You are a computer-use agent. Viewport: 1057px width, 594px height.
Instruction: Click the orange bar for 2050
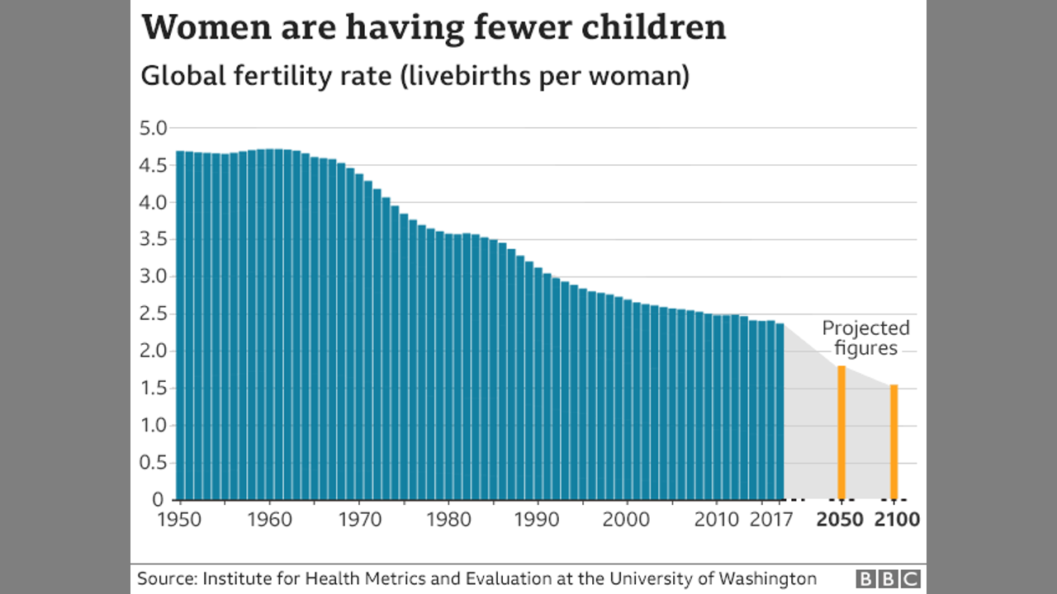click(841, 432)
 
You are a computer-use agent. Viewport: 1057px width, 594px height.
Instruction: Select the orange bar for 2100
click(893, 441)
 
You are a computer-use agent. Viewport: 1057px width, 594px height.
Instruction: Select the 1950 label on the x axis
click(179, 520)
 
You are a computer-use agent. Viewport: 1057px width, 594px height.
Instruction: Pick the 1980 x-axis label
click(448, 520)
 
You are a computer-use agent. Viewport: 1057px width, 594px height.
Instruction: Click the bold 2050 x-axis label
click(841, 520)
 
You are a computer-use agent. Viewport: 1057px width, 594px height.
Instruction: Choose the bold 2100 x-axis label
click(895, 520)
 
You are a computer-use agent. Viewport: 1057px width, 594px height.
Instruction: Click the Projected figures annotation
click(865, 338)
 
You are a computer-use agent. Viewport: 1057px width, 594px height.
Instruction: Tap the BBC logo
click(888, 578)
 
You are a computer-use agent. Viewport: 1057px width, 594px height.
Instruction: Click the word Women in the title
click(206, 27)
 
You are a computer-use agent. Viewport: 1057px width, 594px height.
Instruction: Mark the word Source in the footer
click(165, 578)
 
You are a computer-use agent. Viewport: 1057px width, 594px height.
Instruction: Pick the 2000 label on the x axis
click(628, 520)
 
